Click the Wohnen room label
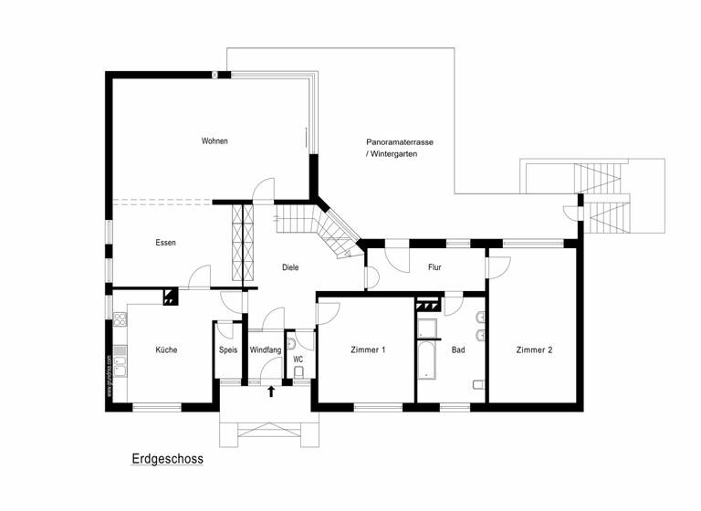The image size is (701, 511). (x=214, y=141)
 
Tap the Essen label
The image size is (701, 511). (x=165, y=243)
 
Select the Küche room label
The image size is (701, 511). (x=165, y=349)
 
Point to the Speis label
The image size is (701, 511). (x=228, y=349)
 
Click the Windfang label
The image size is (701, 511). (x=266, y=349)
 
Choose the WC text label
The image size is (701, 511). (x=298, y=360)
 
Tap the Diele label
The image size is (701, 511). (x=290, y=267)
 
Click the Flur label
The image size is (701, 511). (x=435, y=267)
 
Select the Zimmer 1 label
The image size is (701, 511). (x=368, y=349)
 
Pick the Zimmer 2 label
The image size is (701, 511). (x=534, y=349)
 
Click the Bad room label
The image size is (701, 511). (x=458, y=349)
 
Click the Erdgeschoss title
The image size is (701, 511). (x=167, y=460)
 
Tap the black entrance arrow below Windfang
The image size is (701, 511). (x=271, y=391)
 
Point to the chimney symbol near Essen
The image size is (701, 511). (x=169, y=296)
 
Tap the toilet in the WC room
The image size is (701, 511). (x=290, y=345)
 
